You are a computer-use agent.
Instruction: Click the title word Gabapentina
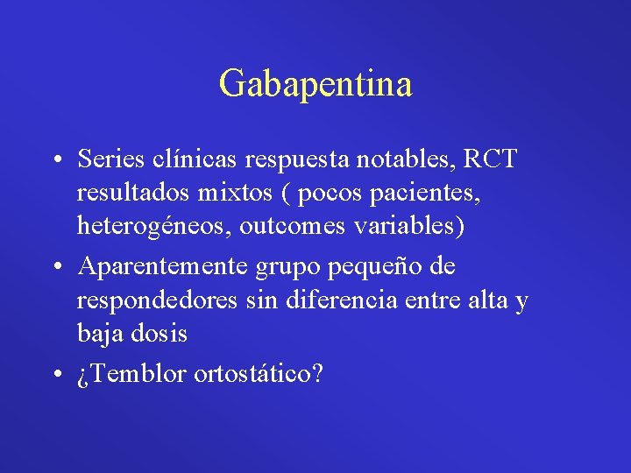pyautogui.click(x=315, y=84)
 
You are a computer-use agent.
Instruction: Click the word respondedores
pyautogui.click(x=157, y=300)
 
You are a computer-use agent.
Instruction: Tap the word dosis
pyautogui.click(x=160, y=332)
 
